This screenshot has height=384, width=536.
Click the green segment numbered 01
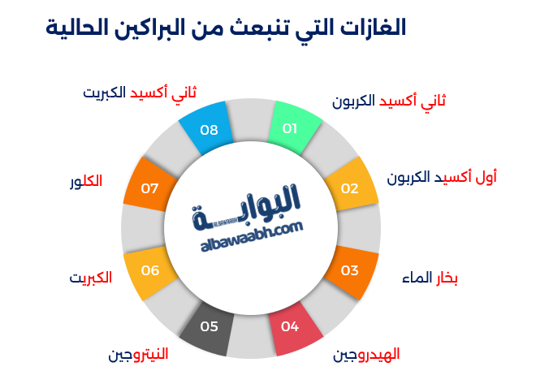tap(293, 128)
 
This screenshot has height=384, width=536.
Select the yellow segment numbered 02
tap(351, 185)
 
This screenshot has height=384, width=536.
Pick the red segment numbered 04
tap(295, 328)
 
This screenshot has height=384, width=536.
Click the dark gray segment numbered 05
tap(208, 328)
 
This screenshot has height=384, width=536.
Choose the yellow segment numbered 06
tap(150, 272)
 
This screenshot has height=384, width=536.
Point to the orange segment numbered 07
tap(150, 185)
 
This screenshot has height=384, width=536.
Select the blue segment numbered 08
tap(207, 128)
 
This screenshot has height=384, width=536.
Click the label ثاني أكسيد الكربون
tap(389, 101)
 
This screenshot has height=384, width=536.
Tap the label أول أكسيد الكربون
tap(442, 178)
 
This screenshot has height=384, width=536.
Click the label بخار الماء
tap(430, 278)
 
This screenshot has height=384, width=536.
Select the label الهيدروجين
tap(366, 355)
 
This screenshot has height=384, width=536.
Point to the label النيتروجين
tap(138, 355)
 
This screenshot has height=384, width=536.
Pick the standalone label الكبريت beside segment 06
tap(91, 278)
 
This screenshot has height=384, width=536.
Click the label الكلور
tap(86, 181)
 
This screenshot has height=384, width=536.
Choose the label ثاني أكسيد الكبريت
tap(140, 93)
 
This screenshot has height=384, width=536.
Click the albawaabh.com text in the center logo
tap(252, 236)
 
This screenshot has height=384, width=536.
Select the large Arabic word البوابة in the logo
tap(246, 207)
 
